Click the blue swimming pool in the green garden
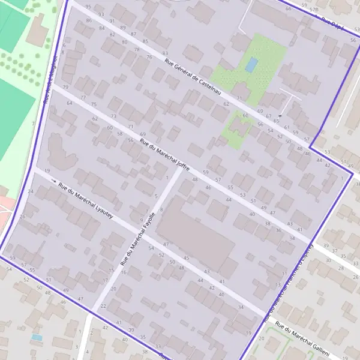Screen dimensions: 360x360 (x=251, y=64)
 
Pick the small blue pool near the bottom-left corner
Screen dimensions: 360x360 (x=37, y=338)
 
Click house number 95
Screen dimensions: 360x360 (x=89, y=7)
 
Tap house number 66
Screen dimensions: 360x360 (x=288, y=9)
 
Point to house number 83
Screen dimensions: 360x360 (x=165, y=53)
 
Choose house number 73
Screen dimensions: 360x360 (x=113, y=116)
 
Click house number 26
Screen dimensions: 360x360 (x=22, y=217)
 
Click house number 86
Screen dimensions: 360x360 (x=89, y=20)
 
